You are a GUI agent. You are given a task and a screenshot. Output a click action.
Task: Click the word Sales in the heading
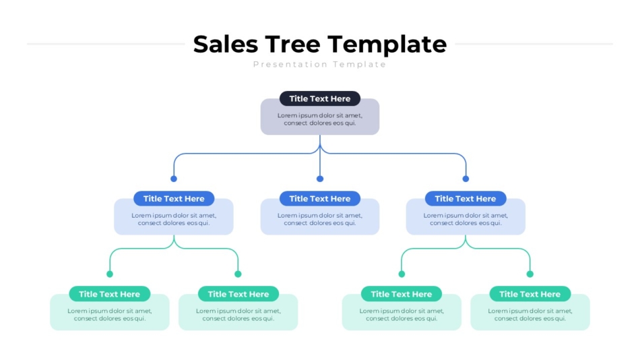point(226,44)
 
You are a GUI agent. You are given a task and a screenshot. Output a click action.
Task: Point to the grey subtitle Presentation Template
point(319,65)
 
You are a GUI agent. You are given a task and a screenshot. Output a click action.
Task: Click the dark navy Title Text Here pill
point(320,98)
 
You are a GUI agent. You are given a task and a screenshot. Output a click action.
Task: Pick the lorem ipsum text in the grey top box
point(320,119)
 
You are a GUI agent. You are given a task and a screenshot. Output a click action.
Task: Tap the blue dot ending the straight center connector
point(320,179)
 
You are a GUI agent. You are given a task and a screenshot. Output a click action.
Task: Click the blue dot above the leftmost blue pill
point(174,179)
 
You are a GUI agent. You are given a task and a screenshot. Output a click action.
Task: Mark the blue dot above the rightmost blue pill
point(466,179)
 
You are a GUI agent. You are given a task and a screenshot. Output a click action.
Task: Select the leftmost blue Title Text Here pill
point(174,199)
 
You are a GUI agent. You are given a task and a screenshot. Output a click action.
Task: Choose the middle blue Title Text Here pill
point(320,199)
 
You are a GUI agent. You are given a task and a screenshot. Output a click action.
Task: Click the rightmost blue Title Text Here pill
point(466,199)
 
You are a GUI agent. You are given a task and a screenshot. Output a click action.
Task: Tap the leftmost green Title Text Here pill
point(110,294)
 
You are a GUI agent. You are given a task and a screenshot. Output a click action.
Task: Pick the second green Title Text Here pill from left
point(238,294)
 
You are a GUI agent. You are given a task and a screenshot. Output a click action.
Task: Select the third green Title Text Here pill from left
point(402,294)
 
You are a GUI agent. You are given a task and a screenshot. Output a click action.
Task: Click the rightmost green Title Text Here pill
point(530,294)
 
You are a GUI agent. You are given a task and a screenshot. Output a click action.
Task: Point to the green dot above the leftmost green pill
point(110,274)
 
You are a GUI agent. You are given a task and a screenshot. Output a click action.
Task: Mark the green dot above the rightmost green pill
point(530,274)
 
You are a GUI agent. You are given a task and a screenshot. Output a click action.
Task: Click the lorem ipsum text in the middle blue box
point(320,219)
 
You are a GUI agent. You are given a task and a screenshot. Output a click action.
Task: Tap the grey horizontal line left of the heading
point(106,44)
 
